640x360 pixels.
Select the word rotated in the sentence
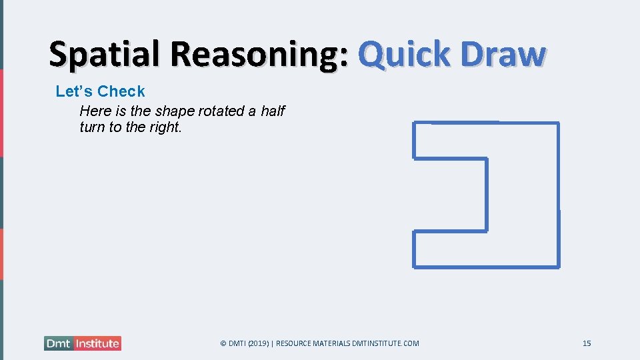click(x=223, y=111)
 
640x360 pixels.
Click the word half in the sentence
click(x=272, y=111)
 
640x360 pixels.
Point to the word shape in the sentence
click(x=175, y=111)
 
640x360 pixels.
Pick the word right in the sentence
click(x=165, y=127)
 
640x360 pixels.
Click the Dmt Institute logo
click(x=83, y=343)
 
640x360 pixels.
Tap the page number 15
click(x=587, y=343)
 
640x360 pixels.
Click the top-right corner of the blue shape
click(x=558, y=123)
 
